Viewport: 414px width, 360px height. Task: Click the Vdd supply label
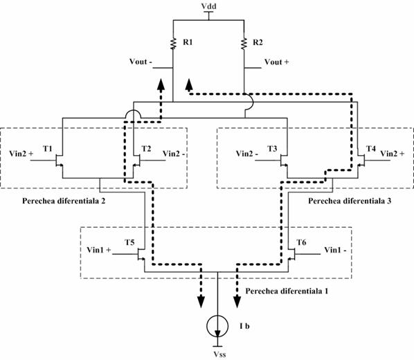coord(208,6)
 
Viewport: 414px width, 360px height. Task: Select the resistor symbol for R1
coord(173,44)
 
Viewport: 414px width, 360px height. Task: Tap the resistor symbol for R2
coord(244,44)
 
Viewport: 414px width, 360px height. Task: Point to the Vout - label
coord(141,62)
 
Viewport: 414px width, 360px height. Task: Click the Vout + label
coord(276,62)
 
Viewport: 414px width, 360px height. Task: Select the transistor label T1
coord(48,149)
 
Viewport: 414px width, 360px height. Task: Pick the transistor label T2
coord(146,149)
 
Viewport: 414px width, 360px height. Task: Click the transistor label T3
coord(272,149)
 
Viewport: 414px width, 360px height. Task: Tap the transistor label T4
coord(370,149)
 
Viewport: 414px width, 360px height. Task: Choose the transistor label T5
coord(129,242)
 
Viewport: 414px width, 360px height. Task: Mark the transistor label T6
coord(301,242)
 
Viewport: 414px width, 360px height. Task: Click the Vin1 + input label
coord(99,250)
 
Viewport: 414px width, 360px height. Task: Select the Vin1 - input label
coord(335,250)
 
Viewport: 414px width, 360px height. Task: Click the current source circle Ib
coord(217,326)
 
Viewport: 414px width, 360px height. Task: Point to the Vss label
coord(219,354)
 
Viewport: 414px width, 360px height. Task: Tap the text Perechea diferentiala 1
coord(287,291)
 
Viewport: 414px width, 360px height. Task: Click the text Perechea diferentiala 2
coord(64,201)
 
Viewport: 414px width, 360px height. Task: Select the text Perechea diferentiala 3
coord(350,201)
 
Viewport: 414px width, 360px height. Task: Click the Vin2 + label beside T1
coord(21,154)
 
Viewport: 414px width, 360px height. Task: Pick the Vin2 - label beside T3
coord(247,154)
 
